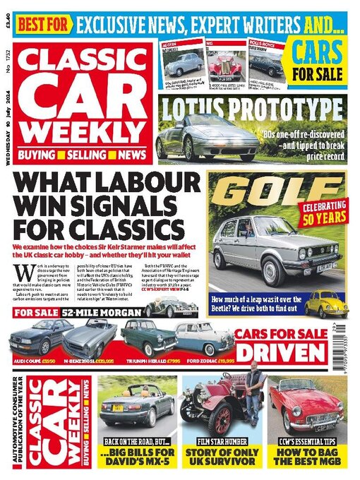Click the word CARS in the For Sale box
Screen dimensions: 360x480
click(310, 53)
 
